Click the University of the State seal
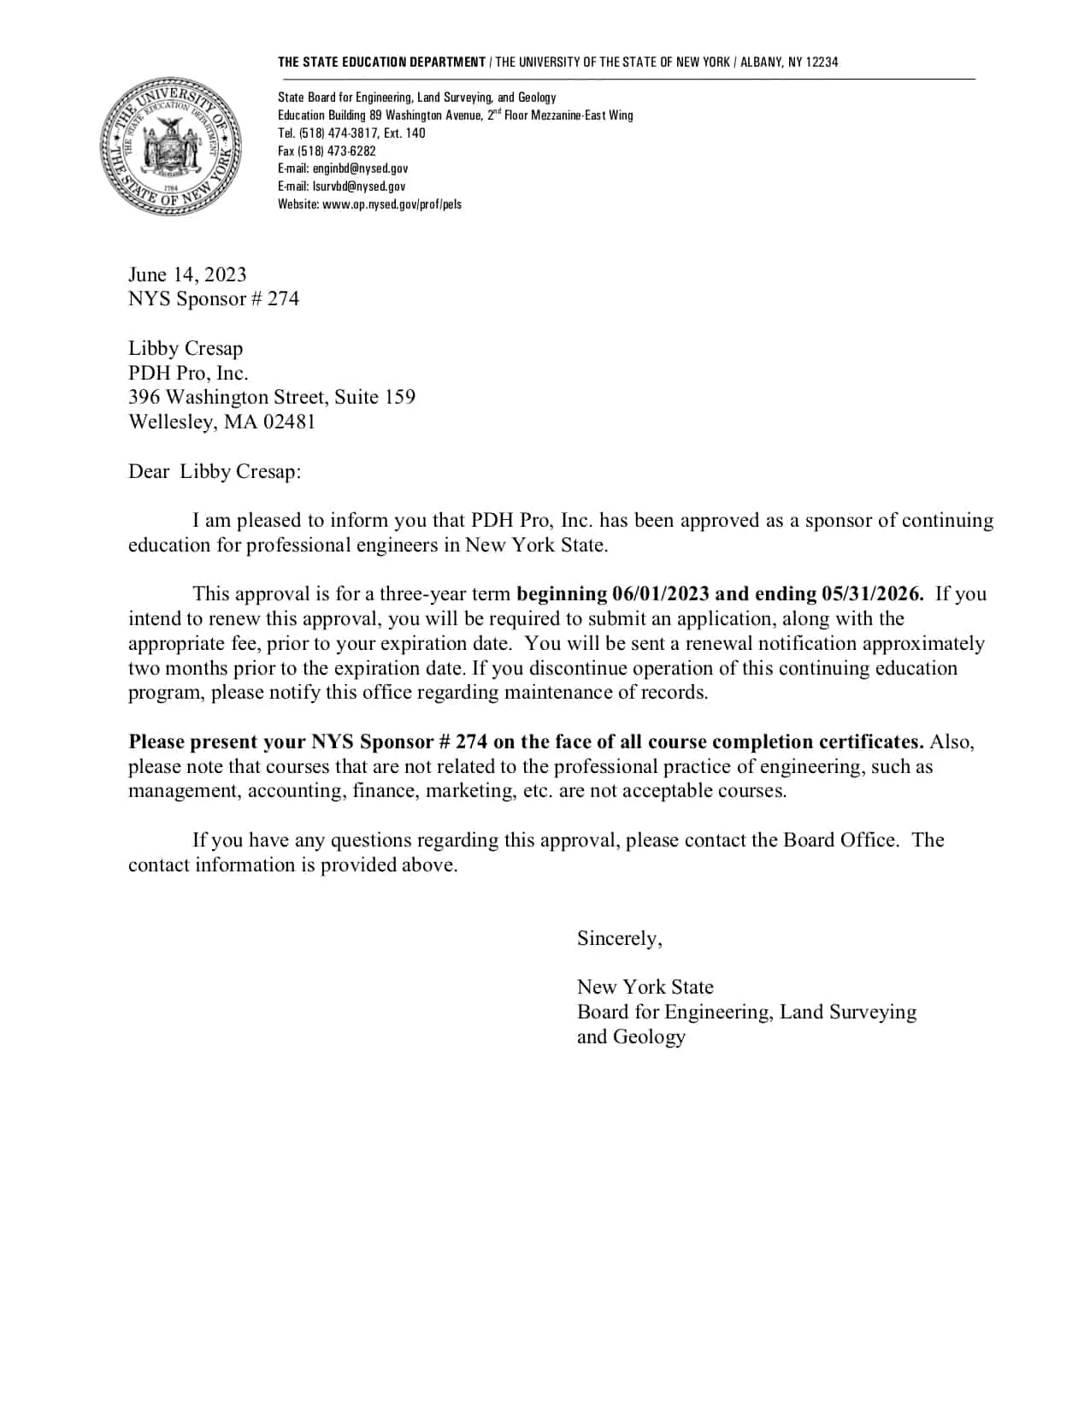[170, 145]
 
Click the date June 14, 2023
[187, 275]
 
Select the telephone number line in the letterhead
[351, 133]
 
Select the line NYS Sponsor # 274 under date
[214, 299]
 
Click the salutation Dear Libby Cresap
[215, 472]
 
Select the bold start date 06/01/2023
[661, 594]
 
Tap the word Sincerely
[619, 939]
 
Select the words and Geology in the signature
[631, 1037]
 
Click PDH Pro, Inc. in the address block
[188, 373]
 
